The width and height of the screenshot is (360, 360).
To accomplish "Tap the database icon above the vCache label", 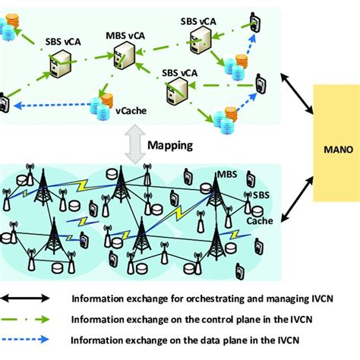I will pos(102,104).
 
